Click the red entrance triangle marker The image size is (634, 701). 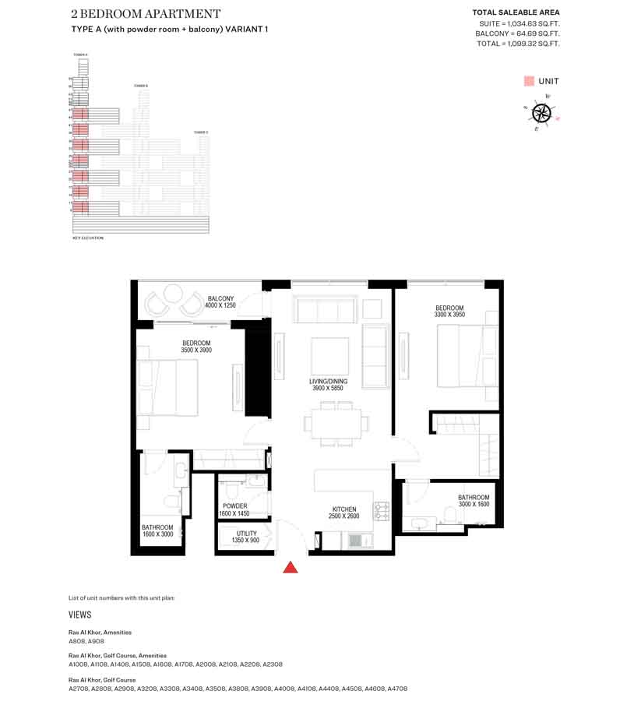pyautogui.click(x=291, y=568)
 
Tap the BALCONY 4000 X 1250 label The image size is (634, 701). pyautogui.click(x=220, y=302)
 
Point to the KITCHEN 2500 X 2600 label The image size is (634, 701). pyautogui.click(x=344, y=513)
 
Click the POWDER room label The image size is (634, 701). pyautogui.click(x=234, y=509)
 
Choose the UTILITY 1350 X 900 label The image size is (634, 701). pyautogui.click(x=245, y=537)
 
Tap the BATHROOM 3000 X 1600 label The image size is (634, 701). pyautogui.click(x=473, y=502)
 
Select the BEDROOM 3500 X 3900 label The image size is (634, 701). pyautogui.click(x=196, y=347)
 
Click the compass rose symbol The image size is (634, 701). pyautogui.click(x=541, y=113)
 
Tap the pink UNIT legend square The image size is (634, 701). pyautogui.click(x=529, y=81)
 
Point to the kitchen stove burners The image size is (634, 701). pyautogui.click(x=382, y=510)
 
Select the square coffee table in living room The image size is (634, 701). pyautogui.click(x=329, y=356)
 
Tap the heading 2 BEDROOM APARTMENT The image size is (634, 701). pyautogui.click(x=146, y=14)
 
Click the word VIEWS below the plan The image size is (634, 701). pyautogui.click(x=80, y=615)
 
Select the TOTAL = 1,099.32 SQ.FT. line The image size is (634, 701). pyautogui.click(x=518, y=44)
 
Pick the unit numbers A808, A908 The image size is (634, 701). pyautogui.click(x=86, y=641)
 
